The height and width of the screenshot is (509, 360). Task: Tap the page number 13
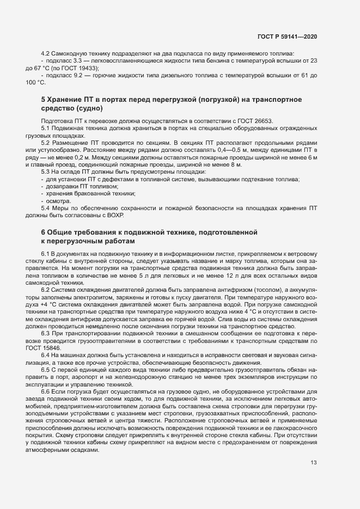click(x=314, y=463)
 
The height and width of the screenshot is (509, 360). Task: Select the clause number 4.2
click(x=45, y=53)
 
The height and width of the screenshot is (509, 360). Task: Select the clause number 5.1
click(x=45, y=128)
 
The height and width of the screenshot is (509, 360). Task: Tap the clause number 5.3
click(x=45, y=171)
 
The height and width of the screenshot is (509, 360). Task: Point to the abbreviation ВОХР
click(x=116, y=214)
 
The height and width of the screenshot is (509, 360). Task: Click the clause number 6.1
click(x=45, y=254)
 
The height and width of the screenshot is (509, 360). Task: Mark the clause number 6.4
click(x=45, y=355)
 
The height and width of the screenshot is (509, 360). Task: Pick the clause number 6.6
click(x=45, y=390)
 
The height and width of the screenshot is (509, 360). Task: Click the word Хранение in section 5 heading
click(x=69, y=100)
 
